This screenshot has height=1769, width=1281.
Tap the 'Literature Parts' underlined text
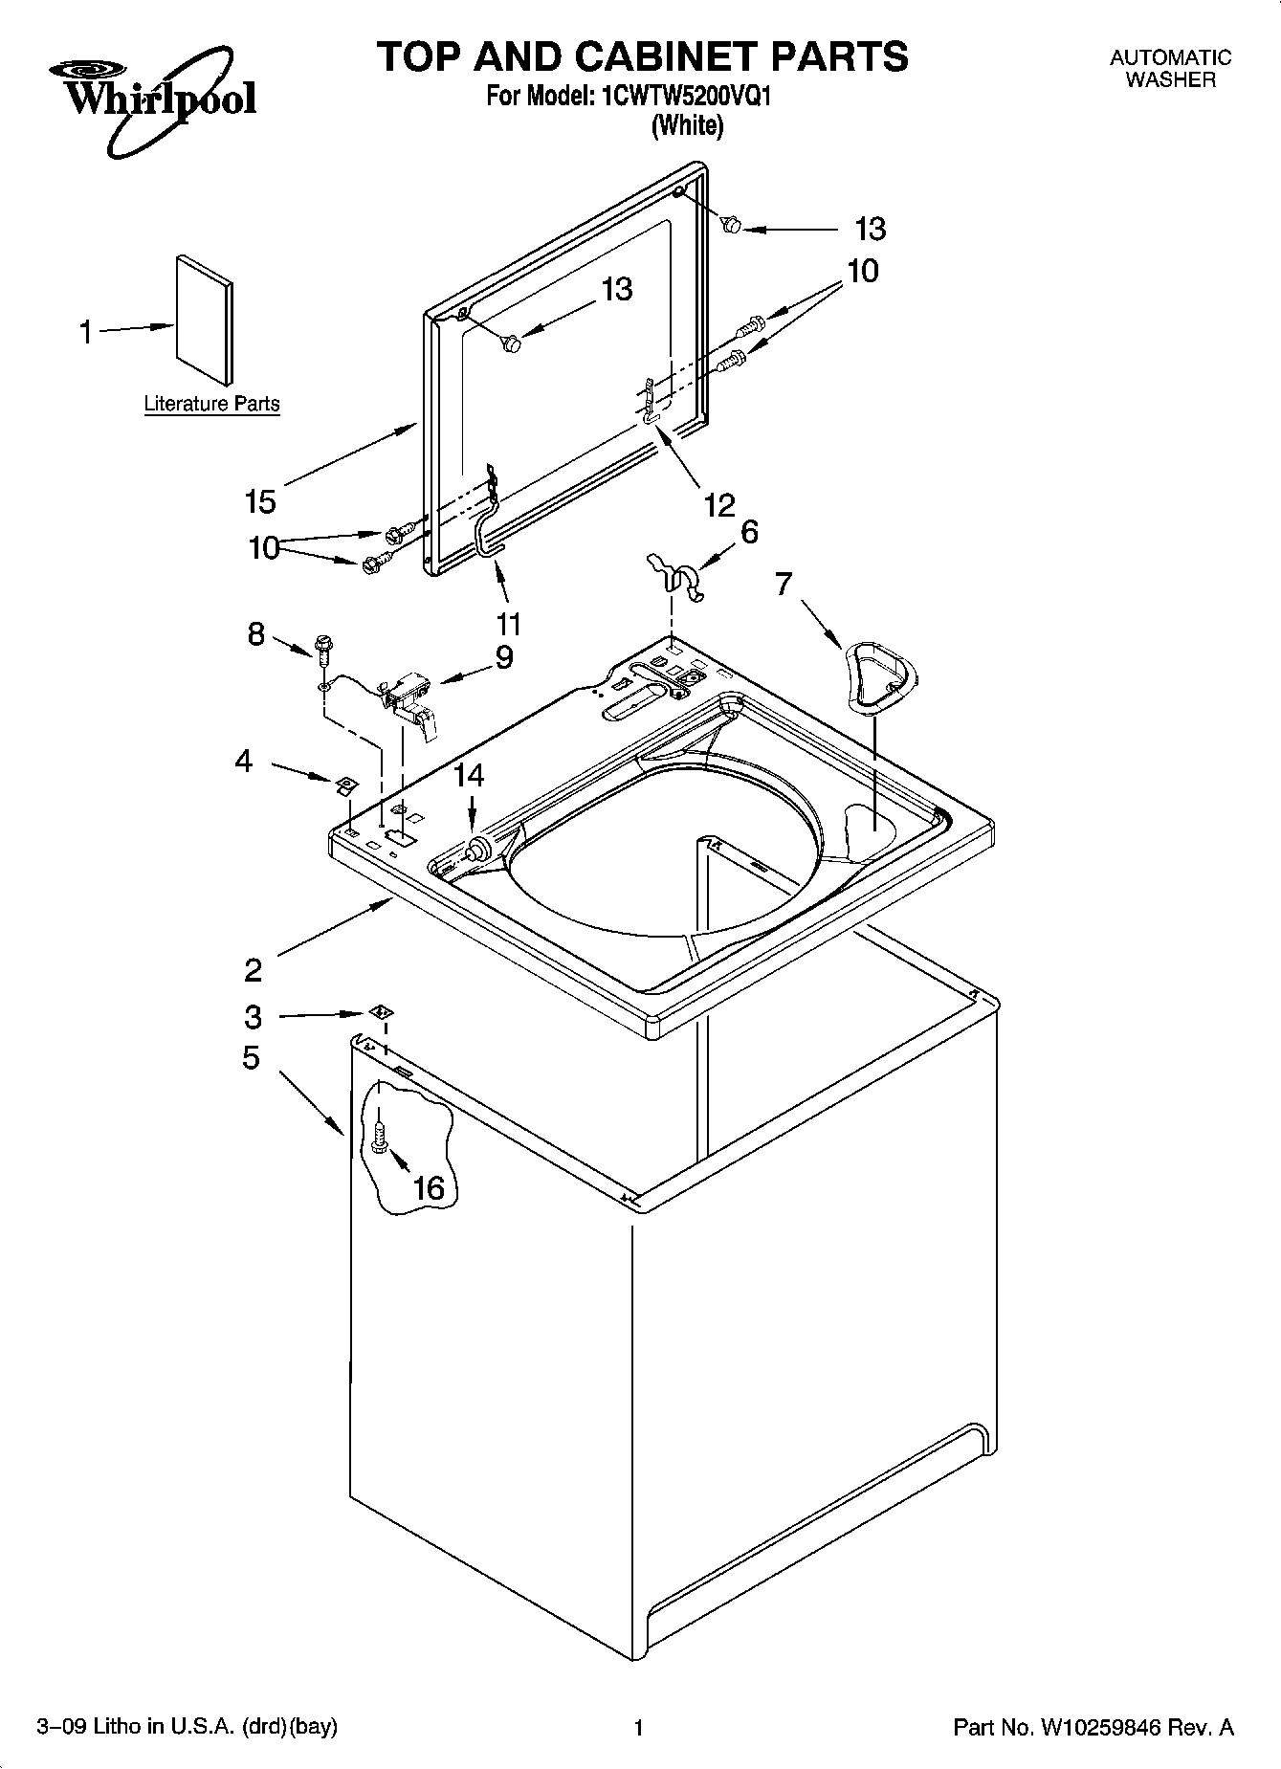click(x=211, y=404)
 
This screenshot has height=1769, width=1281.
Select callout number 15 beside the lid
click(x=260, y=500)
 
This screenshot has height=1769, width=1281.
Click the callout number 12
click(x=719, y=504)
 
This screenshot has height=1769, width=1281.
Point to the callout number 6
click(x=749, y=532)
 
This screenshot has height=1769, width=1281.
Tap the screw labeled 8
click(x=322, y=649)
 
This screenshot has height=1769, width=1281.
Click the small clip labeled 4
click(x=344, y=785)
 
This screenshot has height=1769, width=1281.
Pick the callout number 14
click(x=469, y=775)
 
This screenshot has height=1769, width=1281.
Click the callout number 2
click(x=253, y=971)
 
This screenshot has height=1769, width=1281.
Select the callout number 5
click(x=251, y=1058)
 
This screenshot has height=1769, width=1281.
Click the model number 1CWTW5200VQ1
click(x=684, y=97)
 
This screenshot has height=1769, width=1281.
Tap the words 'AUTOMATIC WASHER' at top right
click(x=1169, y=69)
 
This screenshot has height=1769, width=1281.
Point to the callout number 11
click(x=509, y=624)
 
